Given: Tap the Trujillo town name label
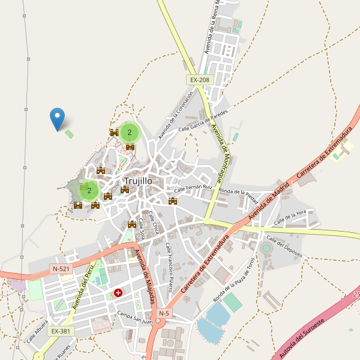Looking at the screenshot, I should point(138,181).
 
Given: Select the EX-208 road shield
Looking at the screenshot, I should point(200,80).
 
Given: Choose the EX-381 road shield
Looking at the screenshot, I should point(61,331).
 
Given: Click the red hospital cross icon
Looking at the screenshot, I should point(118,293).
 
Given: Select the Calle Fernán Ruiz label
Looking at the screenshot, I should point(194,188).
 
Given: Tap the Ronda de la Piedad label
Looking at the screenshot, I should point(239,193).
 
